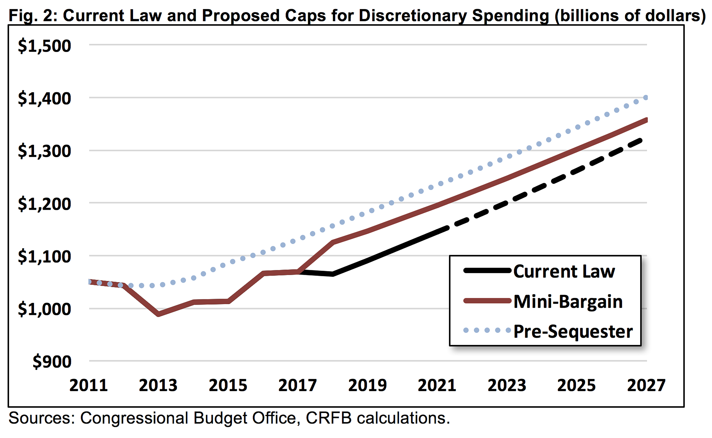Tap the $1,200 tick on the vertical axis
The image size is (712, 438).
click(44, 204)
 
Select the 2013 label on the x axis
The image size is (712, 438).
click(158, 385)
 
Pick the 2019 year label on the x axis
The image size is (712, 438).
click(367, 385)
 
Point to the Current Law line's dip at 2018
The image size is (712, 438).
click(333, 274)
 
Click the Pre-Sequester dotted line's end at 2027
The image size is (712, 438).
click(645, 98)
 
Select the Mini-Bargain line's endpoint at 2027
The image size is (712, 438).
click(646, 120)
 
